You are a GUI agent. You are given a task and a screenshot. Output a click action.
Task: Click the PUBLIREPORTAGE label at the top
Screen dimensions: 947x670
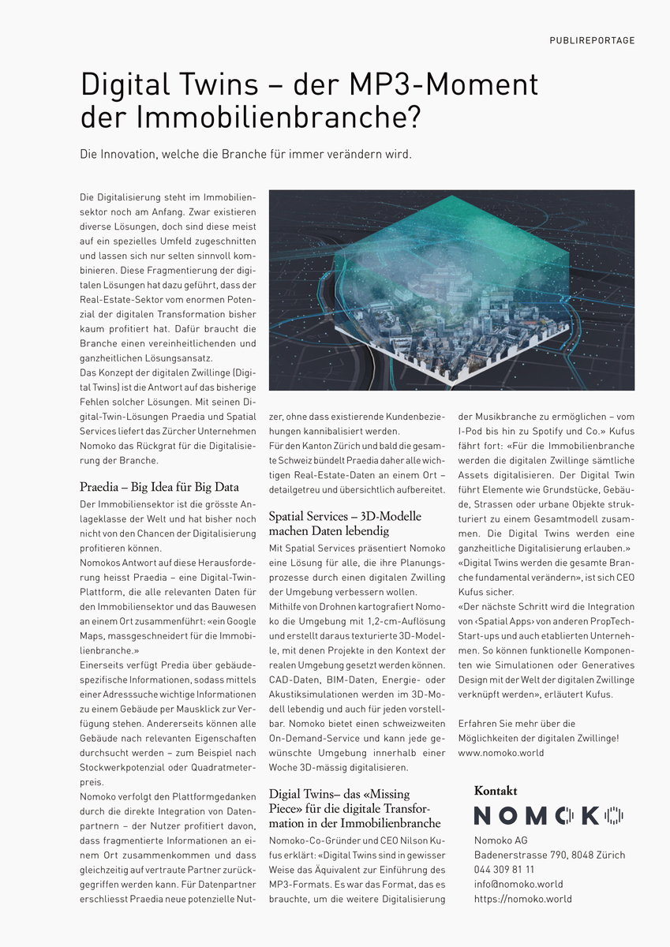[592, 40]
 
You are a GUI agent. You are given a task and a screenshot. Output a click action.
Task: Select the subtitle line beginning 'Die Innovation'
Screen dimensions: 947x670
[245, 154]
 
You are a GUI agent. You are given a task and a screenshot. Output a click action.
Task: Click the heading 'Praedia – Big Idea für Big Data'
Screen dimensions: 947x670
[159, 487]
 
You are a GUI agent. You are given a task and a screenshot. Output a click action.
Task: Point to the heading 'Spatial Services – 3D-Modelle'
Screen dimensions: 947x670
[345, 516]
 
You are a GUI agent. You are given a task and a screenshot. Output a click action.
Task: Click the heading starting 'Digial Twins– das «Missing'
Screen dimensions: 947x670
[339, 793]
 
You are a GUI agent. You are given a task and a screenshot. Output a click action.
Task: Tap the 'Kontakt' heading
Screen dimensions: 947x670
[495, 791]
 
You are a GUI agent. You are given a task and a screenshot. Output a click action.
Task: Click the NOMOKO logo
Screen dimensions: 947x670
[548, 815]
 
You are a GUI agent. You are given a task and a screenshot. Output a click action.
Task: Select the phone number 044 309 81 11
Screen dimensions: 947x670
[503, 869]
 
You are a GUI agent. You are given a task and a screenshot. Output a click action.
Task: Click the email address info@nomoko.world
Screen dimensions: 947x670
[518, 884]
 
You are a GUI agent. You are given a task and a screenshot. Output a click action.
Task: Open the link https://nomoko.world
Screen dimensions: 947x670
[522, 899]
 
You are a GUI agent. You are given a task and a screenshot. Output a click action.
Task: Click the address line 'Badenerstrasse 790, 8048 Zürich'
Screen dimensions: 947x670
[549, 855]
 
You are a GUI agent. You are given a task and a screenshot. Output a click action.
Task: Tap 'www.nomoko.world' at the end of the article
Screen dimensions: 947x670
[500, 753]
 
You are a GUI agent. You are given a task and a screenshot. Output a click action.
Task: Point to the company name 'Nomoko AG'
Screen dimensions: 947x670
[500, 840]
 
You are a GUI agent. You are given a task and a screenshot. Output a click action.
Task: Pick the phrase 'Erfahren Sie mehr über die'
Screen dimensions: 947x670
[516, 723]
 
